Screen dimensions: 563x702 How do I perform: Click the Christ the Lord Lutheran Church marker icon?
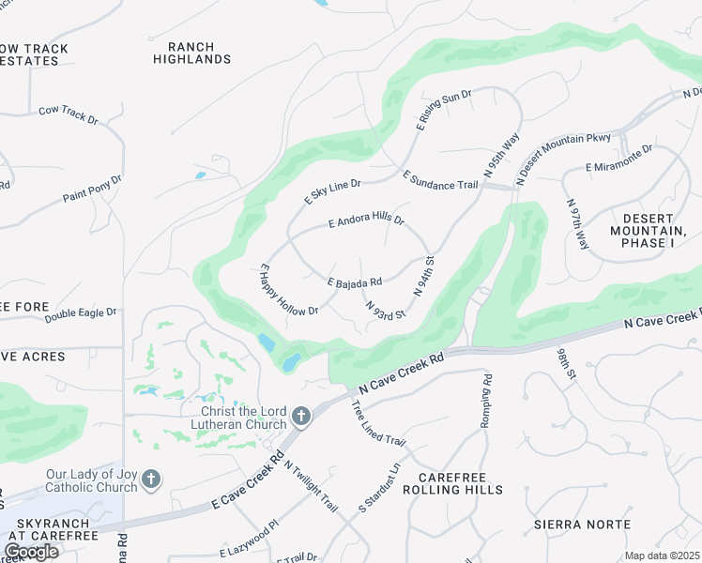pyautogui.click(x=301, y=415)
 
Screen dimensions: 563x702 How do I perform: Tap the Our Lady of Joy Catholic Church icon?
pyautogui.click(x=151, y=481)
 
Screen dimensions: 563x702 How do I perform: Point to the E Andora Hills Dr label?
pyautogui.click(x=366, y=221)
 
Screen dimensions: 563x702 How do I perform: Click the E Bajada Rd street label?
pyautogui.click(x=354, y=281)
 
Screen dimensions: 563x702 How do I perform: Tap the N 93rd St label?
pyautogui.click(x=386, y=309)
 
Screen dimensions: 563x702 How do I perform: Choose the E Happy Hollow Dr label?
pyautogui.click(x=289, y=290)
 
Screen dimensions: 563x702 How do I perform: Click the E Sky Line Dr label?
pyautogui.click(x=332, y=190)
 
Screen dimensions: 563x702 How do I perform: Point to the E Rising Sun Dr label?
pyautogui.click(x=443, y=110)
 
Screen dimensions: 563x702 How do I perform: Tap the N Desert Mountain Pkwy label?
pyautogui.click(x=564, y=157)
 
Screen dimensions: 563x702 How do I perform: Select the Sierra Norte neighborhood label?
pyautogui.click(x=569, y=524)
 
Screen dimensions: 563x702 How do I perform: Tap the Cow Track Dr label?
pyautogui.click(x=68, y=114)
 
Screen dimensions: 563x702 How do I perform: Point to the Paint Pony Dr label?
pyautogui.click(x=92, y=189)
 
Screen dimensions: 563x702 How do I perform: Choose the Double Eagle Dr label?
pyautogui.click(x=80, y=313)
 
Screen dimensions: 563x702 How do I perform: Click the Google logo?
pyautogui.click(x=30, y=552)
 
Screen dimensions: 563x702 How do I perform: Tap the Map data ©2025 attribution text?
pyautogui.click(x=662, y=555)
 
